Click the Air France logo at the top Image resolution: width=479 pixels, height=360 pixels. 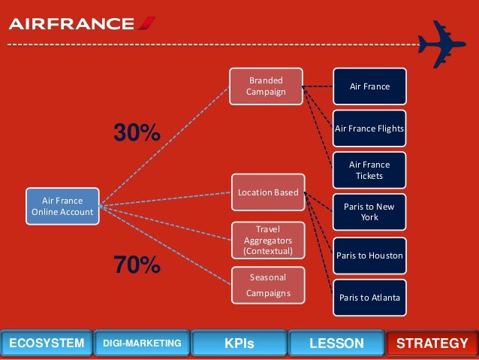[82, 24]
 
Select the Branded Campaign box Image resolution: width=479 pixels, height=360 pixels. [267, 86]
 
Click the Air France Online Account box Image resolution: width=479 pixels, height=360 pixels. [62, 206]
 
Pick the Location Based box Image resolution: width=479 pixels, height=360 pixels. [267, 193]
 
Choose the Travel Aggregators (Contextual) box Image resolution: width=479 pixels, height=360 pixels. [268, 239]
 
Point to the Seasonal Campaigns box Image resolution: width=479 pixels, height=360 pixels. [268, 285]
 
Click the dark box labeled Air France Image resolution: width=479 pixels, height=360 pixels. [370, 86]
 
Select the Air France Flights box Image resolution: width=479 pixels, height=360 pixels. [370, 129]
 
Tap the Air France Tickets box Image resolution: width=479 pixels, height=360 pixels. [370, 170]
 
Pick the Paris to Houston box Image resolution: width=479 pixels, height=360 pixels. [369, 256]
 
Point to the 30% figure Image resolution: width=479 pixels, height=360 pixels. [137, 133]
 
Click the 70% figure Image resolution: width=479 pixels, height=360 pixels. [137, 265]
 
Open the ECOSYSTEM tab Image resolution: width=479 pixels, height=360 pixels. [46, 343]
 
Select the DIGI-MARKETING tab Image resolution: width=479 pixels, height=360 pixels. [142, 343]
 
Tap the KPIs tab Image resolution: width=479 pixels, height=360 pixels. [239, 343]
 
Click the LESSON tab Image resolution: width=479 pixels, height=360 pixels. [336, 343]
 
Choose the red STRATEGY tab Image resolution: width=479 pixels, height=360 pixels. [432, 343]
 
